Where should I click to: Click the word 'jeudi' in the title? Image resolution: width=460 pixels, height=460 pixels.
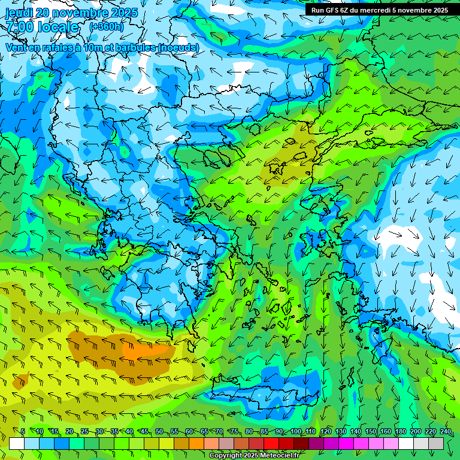click(x=19, y=13)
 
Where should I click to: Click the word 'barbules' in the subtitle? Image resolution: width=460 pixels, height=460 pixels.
click(x=135, y=47)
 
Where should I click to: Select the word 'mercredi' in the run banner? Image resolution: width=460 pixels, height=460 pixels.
click(x=378, y=10)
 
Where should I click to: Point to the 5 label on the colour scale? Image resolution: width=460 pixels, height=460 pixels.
click(x=23, y=431)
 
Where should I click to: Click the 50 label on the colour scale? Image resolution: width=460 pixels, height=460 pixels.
click(x=159, y=431)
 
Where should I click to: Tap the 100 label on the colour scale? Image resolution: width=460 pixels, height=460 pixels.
click(x=296, y=431)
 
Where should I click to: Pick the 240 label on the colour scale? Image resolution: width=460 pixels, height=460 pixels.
click(x=445, y=431)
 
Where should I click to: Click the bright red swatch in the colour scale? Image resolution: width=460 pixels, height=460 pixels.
click(x=271, y=443)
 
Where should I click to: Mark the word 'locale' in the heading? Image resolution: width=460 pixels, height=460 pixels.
click(x=57, y=28)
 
